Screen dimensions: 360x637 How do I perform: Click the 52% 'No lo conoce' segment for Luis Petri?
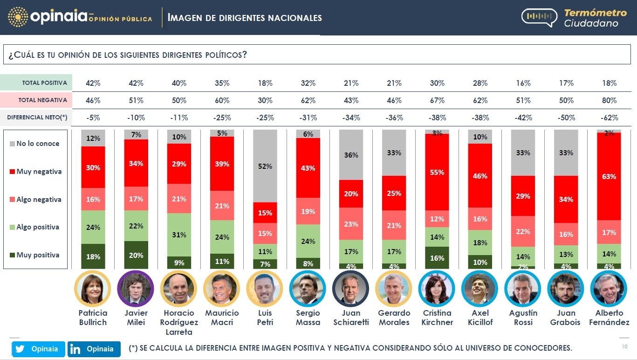(x=265, y=166)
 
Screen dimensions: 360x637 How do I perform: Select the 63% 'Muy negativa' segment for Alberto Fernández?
(x=609, y=176)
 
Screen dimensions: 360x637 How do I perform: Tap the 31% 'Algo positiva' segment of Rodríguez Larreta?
(x=179, y=235)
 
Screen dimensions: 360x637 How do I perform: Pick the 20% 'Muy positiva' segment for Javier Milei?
(x=136, y=255)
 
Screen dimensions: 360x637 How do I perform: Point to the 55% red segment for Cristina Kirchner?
(x=437, y=172)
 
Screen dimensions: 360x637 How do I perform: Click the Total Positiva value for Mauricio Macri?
(x=222, y=83)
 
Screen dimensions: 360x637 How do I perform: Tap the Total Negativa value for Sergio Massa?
(x=308, y=100)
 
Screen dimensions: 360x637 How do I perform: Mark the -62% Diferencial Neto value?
(x=609, y=118)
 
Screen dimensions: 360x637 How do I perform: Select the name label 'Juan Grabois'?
(x=566, y=317)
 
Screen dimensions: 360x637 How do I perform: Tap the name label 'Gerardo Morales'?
(x=394, y=317)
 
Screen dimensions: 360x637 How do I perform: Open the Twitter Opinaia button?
(x=38, y=349)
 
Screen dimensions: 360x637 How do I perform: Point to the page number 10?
(x=624, y=346)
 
